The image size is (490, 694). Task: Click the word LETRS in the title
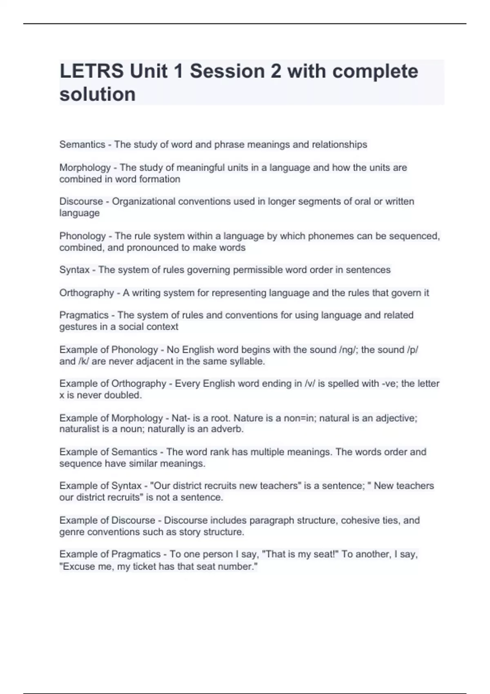click(91, 71)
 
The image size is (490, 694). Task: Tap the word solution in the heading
click(98, 94)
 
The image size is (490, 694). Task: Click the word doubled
click(122, 395)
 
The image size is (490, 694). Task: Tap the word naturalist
click(79, 429)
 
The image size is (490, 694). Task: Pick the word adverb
click(227, 429)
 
